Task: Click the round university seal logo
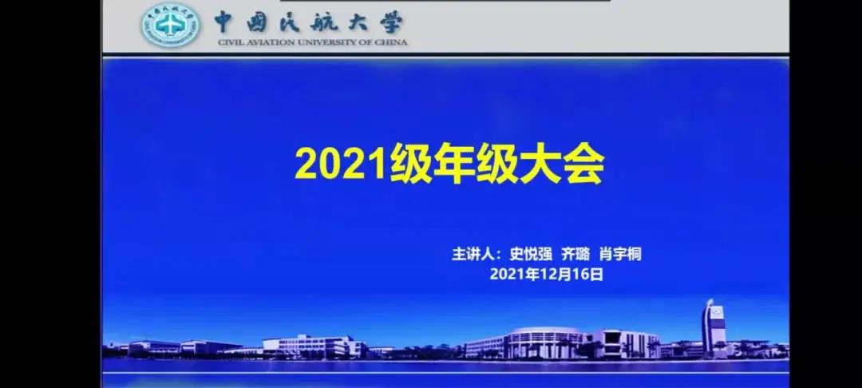(171, 26)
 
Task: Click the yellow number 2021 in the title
(341, 164)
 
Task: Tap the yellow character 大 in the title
(540, 164)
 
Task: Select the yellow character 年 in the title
(453, 164)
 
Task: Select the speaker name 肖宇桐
(621, 255)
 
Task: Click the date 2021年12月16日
(547, 274)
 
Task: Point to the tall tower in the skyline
(714, 328)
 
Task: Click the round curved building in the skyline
(544, 342)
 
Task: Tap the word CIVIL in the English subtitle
(230, 42)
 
